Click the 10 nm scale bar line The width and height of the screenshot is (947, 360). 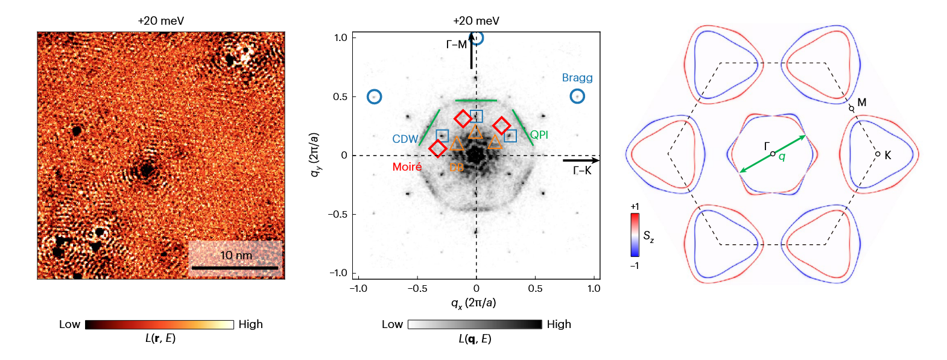pos(235,267)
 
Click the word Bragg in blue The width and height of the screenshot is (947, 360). pos(577,78)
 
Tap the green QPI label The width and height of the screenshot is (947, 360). pos(539,134)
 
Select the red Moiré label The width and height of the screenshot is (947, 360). pos(407,167)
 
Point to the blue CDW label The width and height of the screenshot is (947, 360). pos(405,139)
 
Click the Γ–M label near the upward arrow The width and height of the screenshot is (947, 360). pos(456,45)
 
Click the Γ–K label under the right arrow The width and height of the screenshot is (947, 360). pos(582,171)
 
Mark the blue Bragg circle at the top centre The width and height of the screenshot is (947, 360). pos(477,38)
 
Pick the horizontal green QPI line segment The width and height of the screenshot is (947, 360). pos(476,101)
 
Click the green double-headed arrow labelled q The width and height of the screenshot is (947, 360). pos(773,154)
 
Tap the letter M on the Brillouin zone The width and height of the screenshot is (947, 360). pos(862,103)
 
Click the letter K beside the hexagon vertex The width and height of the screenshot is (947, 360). pos(888,156)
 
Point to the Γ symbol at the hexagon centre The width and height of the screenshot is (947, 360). pos(767,147)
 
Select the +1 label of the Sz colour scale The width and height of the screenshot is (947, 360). pos(635,207)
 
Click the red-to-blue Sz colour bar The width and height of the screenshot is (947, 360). pos(635,235)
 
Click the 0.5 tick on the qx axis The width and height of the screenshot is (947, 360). pos(535,288)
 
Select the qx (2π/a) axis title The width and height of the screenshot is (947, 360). pos(473,302)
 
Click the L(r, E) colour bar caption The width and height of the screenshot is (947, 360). pos(160,338)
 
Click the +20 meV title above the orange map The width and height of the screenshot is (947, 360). pos(161,21)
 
